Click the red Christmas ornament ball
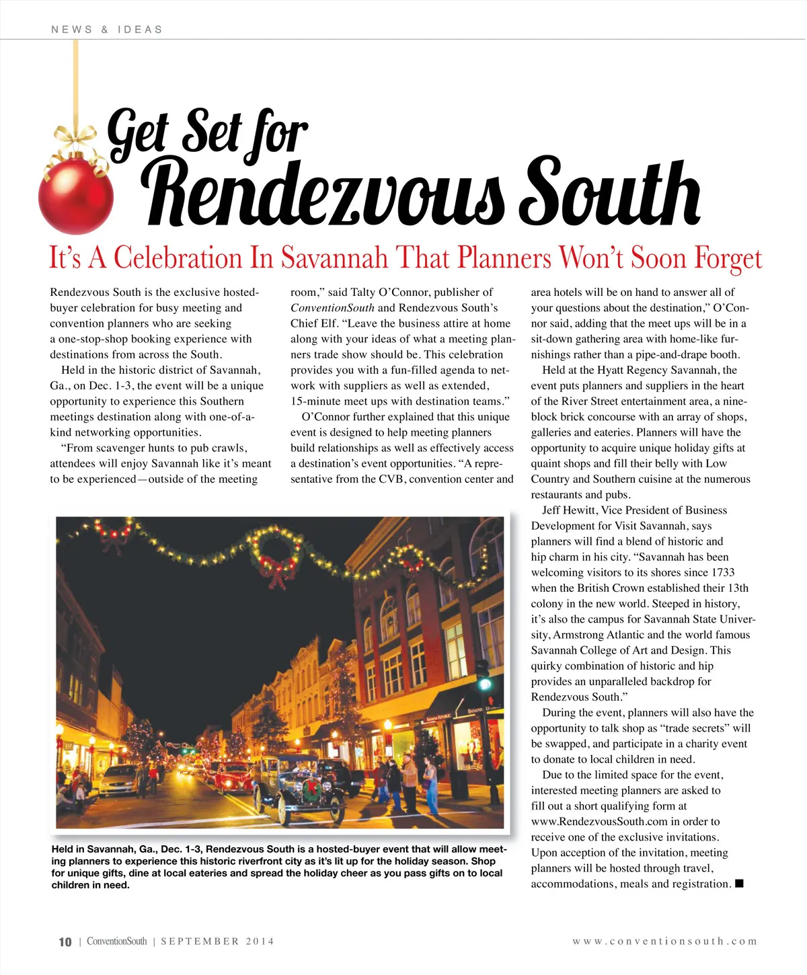pos(75,196)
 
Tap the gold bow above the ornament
pos(75,141)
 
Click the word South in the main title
pos(612,195)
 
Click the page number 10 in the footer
pos(65,942)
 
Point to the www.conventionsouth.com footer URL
pos(664,941)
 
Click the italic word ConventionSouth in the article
pos(332,308)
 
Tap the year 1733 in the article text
pos(722,572)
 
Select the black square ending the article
pos(739,884)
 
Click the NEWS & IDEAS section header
pos(107,30)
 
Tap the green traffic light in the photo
pos(484,685)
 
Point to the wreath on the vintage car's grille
pos(311,789)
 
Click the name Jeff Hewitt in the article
pos(570,510)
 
